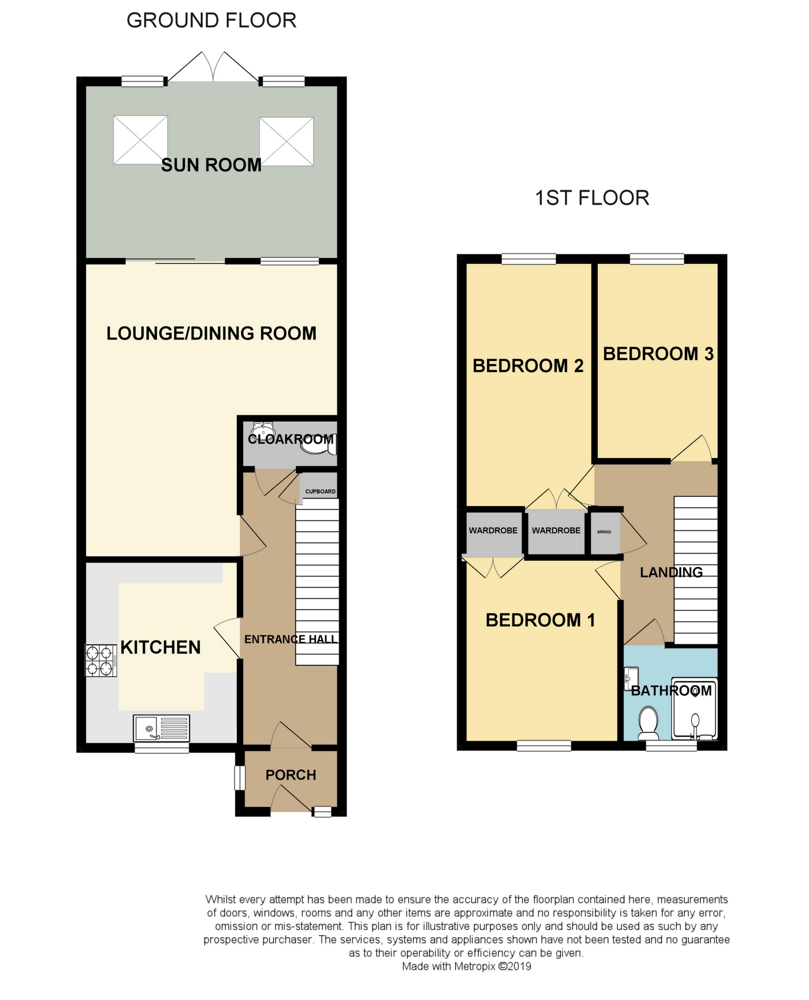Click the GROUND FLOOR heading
click(x=211, y=21)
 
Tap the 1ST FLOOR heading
click(x=592, y=198)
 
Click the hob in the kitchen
click(x=101, y=660)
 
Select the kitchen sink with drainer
click(x=161, y=728)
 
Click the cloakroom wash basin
click(x=263, y=428)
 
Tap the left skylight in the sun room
click(x=140, y=140)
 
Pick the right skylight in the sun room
click(x=286, y=141)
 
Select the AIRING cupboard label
click(x=603, y=532)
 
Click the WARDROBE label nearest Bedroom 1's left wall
click(x=493, y=530)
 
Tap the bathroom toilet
click(x=648, y=723)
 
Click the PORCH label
click(x=291, y=775)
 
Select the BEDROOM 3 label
click(x=658, y=354)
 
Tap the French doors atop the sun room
click(x=213, y=67)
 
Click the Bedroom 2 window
click(x=528, y=259)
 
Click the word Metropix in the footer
click(x=474, y=966)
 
